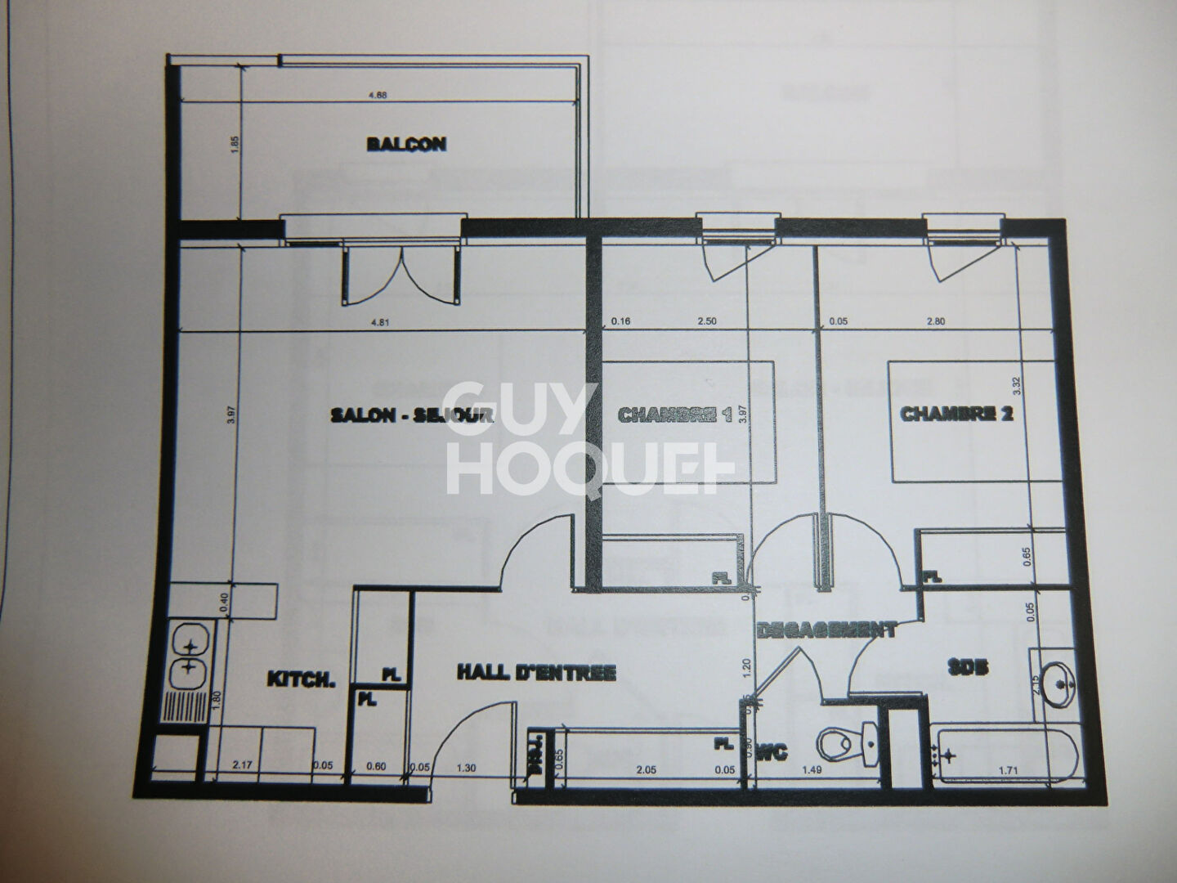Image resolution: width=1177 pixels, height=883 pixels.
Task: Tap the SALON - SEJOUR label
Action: pos(412,415)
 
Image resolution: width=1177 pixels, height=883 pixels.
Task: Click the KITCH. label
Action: pos(302,679)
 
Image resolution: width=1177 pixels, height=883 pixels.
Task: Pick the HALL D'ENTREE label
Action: pos(535,673)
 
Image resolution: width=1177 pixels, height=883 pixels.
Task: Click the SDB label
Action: pos(969,667)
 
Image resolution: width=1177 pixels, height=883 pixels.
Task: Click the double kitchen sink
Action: pos(187,657)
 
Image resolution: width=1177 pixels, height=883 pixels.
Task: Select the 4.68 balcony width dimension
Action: pos(378,96)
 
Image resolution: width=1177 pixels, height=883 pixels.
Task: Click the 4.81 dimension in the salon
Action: pos(379,321)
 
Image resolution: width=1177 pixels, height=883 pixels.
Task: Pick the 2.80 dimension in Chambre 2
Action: pos(935,321)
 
